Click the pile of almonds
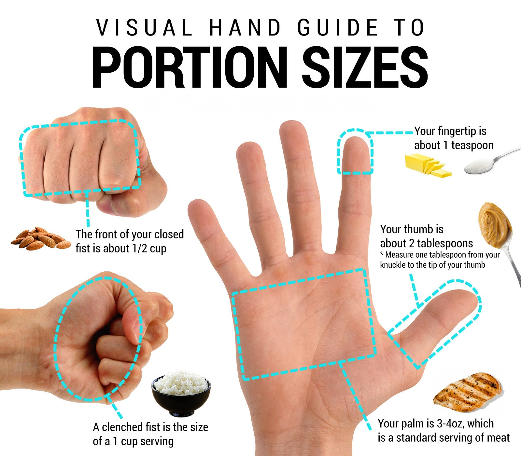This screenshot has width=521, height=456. coord(41,239)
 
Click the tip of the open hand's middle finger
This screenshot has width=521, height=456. coord(293,129)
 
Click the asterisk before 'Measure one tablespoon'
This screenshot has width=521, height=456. coord(382,254)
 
